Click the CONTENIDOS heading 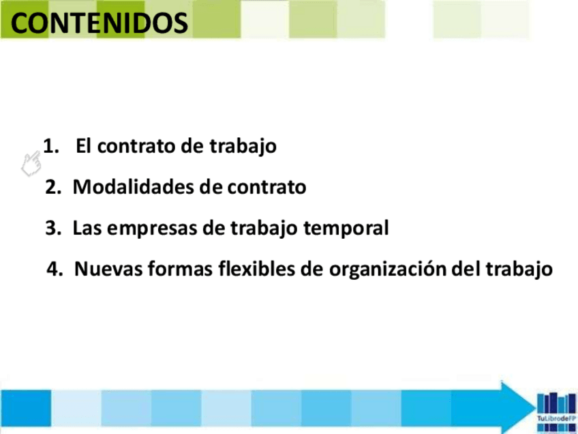99,23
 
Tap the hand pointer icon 31,164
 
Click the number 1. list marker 51,146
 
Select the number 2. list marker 53,187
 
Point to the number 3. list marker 53,228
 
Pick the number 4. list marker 55,269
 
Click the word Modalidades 134,186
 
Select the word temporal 346,229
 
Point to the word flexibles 256,268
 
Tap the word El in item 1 83,146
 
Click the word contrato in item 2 267,187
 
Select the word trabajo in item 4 519,270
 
